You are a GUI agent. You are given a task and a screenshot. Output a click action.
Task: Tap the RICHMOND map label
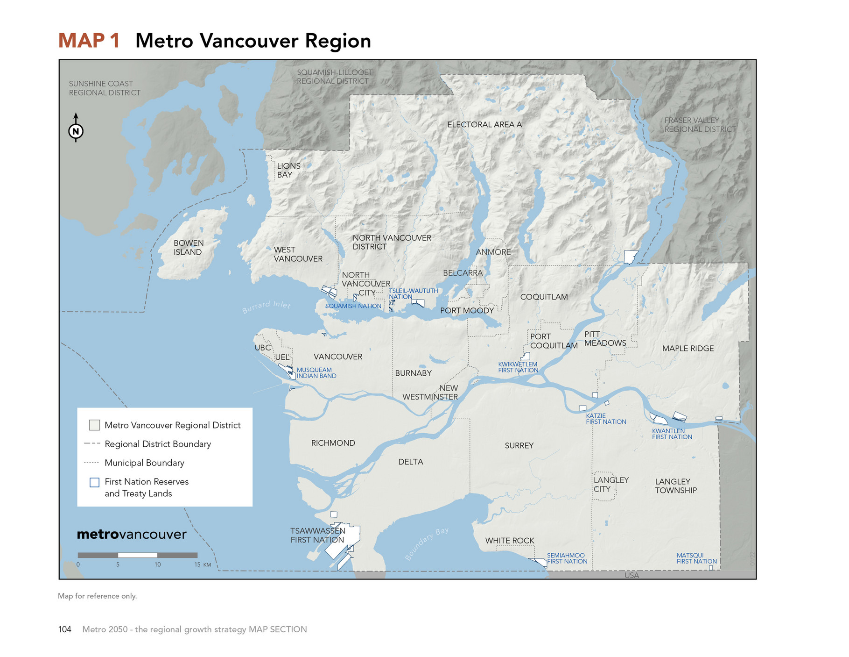pyautogui.click(x=333, y=443)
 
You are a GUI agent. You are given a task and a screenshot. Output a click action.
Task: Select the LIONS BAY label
pyautogui.click(x=288, y=170)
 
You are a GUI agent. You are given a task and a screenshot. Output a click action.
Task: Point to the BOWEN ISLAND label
pyautogui.click(x=188, y=247)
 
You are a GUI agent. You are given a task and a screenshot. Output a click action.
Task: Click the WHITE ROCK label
pyautogui.click(x=509, y=541)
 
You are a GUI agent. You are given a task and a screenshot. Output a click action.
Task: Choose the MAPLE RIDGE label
pyautogui.click(x=688, y=349)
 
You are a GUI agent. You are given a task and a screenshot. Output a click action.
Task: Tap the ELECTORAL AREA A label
pyautogui.click(x=484, y=125)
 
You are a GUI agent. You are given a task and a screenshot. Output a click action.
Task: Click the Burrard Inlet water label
pyautogui.click(x=266, y=307)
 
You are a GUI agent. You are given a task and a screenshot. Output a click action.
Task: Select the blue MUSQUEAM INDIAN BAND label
pyautogui.click(x=316, y=373)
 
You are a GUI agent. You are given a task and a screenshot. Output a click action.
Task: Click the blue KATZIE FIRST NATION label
pyautogui.click(x=605, y=419)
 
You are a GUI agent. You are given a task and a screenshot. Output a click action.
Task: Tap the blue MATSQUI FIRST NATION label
pyautogui.click(x=696, y=558)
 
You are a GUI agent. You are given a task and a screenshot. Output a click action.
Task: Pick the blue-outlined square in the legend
pyautogui.click(x=94, y=482)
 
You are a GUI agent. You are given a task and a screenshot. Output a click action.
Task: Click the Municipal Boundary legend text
pyautogui.click(x=144, y=463)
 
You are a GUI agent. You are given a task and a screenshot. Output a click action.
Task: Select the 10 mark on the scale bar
pyautogui.click(x=158, y=564)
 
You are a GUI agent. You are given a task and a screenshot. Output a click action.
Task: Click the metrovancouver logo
pyautogui.click(x=131, y=534)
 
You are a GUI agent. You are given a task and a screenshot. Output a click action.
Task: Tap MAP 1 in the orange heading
pyautogui.click(x=89, y=41)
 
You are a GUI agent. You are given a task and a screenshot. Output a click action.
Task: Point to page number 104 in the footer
pyautogui.click(x=64, y=629)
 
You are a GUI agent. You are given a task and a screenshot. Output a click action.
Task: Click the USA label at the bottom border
pyautogui.click(x=631, y=575)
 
